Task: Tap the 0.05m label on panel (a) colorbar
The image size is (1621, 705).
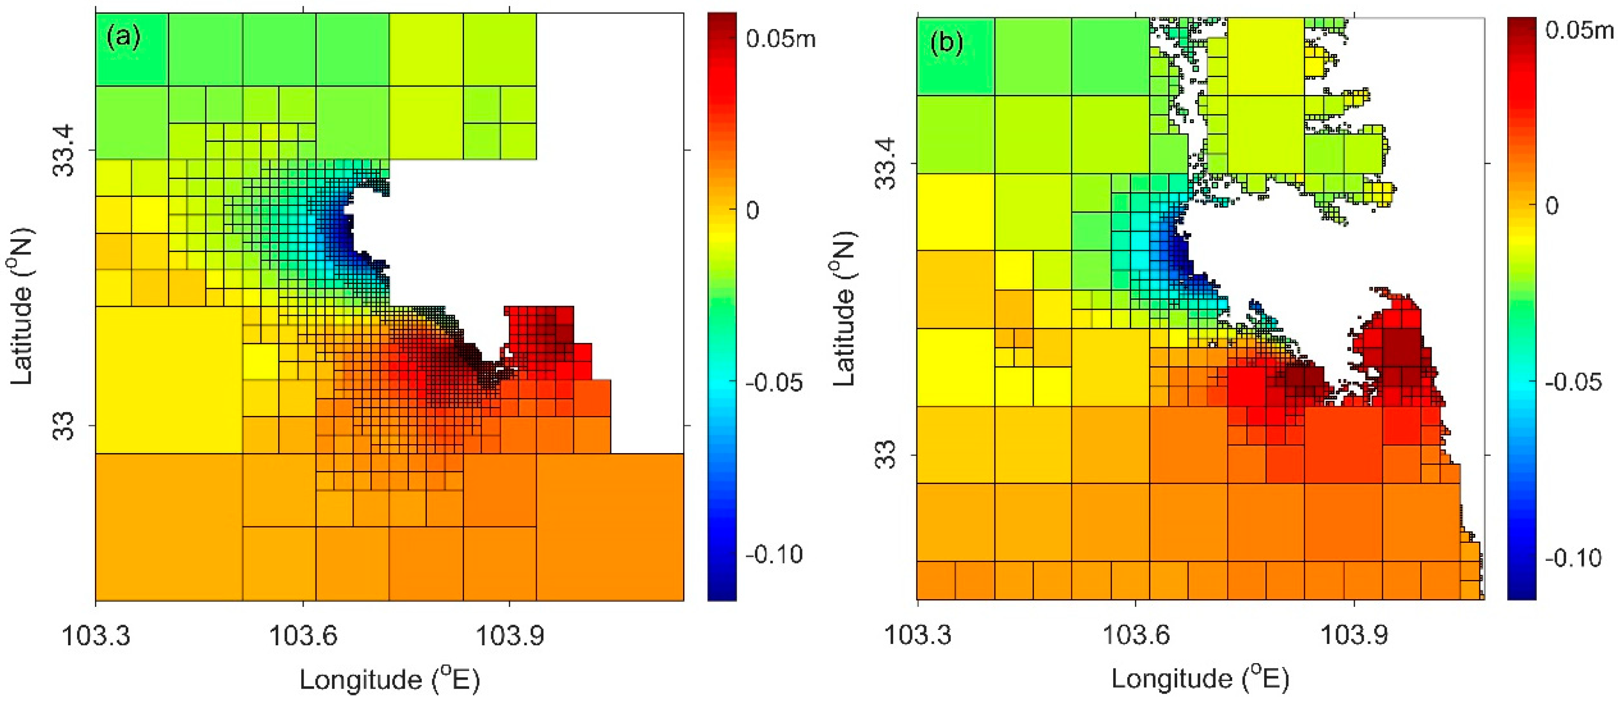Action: [780, 39]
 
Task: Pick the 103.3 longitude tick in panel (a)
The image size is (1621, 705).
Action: [95, 635]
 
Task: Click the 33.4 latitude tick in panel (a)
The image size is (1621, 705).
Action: [63, 150]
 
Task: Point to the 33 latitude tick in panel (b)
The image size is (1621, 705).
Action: [886, 454]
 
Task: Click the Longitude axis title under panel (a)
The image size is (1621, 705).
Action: [390, 679]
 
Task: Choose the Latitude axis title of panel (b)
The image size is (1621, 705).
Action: [845, 308]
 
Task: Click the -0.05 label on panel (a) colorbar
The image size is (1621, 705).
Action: [774, 383]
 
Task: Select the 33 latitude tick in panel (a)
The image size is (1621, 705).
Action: [63, 425]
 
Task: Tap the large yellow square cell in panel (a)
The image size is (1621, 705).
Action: [169, 379]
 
